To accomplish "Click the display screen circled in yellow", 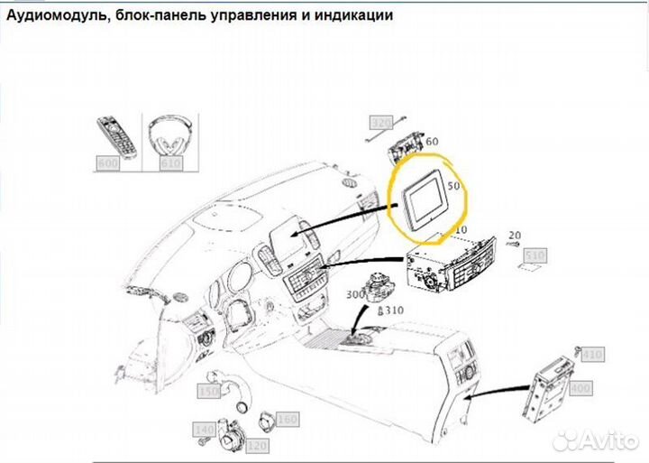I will pyautogui.click(x=424, y=200).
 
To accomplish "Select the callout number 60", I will pyautogui.click(x=432, y=142).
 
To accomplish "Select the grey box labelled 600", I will pyautogui.click(x=108, y=163).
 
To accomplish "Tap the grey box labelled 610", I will pyautogui.click(x=170, y=163).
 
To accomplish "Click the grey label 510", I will pyautogui.click(x=535, y=256).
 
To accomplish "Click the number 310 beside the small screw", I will pyautogui.click(x=395, y=310).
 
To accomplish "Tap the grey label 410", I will pyautogui.click(x=590, y=355).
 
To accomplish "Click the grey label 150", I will pyautogui.click(x=209, y=393).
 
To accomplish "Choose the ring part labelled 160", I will pyautogui.click(x=268, y=420).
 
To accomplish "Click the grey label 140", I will pyautogui.click(x=206, y=431).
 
